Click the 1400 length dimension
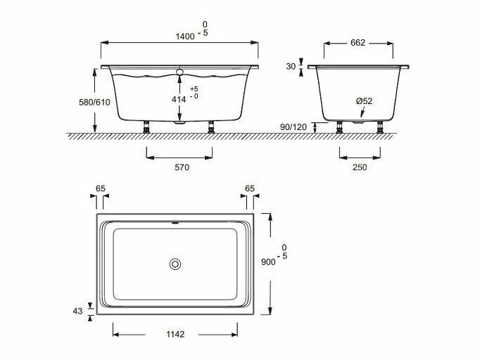pyautogui.click(x=185, y=37)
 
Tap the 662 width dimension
pyautogui.click(x=358, y=42)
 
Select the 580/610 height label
pyautogui.click(x=94, y=102)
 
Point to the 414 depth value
pyautogui.click(x=179, y=99)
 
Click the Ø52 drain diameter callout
pyautogui.click(x=365, y=101)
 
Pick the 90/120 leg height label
pyautogui.click(x=293, y=127)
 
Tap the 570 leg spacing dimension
pyautogui.click(x=182, y=167)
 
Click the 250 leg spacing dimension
pyautogui.click(x=360, y=167)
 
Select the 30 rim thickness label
pyautogui.click(x=291, y=66)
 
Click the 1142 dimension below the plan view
pyautogui.click(x=175, y=334)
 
